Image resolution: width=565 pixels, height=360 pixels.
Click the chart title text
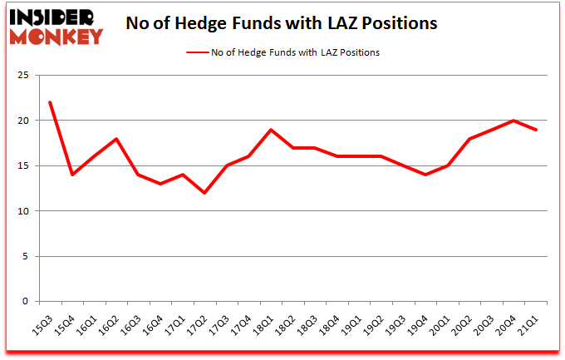coord(282,23)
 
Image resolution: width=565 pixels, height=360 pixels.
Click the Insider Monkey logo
coord(56,25)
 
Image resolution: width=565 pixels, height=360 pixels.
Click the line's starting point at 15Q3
coord(51,102)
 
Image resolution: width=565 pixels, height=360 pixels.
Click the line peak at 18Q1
coord(270,130)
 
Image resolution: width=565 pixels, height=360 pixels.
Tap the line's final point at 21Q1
coord(537,130)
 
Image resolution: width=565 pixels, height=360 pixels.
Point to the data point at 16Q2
coord(115,139)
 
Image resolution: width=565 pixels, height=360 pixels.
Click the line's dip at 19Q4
coord(425,175)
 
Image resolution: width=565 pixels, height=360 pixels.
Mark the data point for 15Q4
coord(72,175)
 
